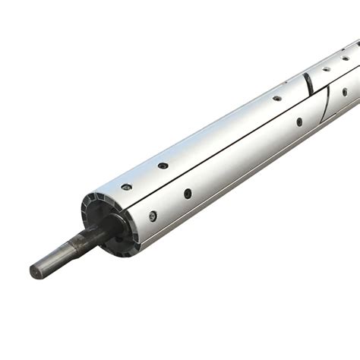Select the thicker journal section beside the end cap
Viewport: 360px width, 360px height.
click(91, 236)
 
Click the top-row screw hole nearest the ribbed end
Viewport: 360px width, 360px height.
click(126, 187)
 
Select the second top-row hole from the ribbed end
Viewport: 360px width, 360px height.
click(163, 165)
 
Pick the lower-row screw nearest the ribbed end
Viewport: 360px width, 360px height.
click(153, 216)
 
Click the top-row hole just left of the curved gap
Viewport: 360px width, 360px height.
click(277, 98)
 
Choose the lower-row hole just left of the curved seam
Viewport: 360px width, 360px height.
click(299, 122)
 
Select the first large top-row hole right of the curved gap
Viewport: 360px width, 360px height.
click(326, 68)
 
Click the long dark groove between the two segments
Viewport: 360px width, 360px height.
click(228, 147)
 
